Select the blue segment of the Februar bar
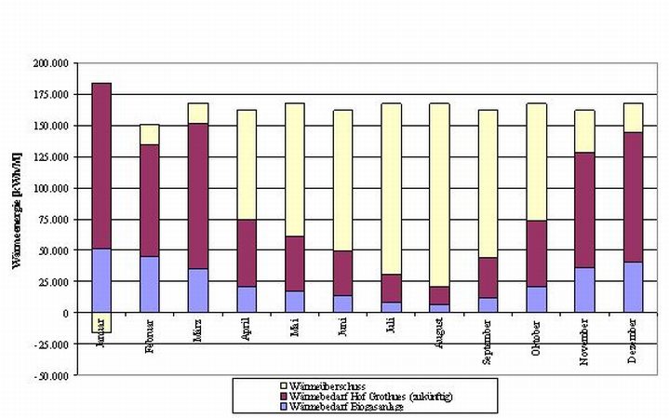149,284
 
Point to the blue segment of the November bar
584,290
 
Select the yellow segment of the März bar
197,113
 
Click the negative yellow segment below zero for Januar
101,322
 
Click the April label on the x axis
246,330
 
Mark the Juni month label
342,330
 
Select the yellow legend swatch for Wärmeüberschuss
284,385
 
